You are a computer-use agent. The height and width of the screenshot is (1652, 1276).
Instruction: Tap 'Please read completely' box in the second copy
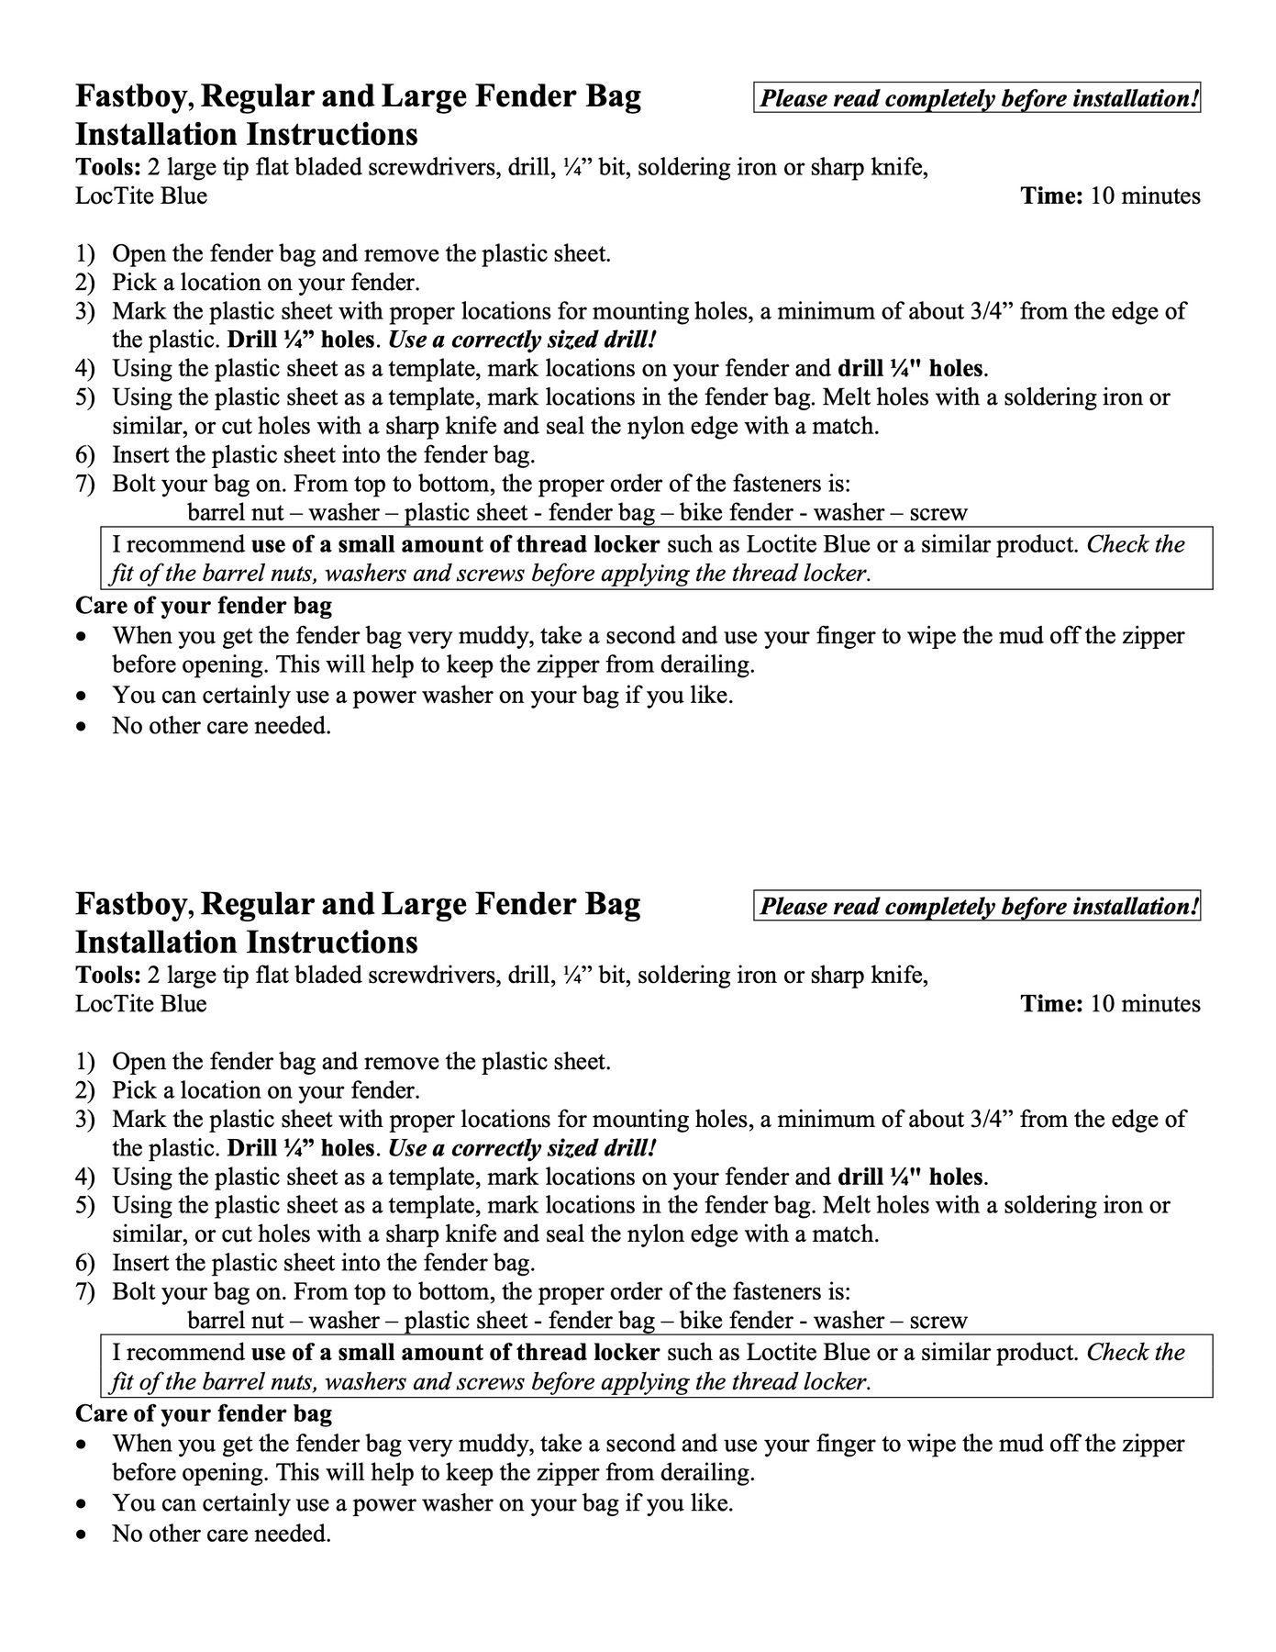pos(979,907)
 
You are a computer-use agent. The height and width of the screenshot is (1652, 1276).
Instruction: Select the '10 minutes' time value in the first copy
pos(1145,196)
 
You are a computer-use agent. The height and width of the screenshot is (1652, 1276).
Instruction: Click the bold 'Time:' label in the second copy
pos(1052,1004)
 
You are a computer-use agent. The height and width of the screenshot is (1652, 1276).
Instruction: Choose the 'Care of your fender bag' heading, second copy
pos(204,1414)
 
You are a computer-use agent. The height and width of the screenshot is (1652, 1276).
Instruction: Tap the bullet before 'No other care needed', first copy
pos(83,727)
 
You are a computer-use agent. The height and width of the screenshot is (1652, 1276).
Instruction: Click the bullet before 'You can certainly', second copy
pos(83,1504)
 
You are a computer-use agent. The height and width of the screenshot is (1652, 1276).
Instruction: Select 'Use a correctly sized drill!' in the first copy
pos(523,340)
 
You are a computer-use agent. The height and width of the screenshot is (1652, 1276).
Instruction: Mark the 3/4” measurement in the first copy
pos(991,311)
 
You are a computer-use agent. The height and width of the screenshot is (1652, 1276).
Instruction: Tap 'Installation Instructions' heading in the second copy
pos(246,943)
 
